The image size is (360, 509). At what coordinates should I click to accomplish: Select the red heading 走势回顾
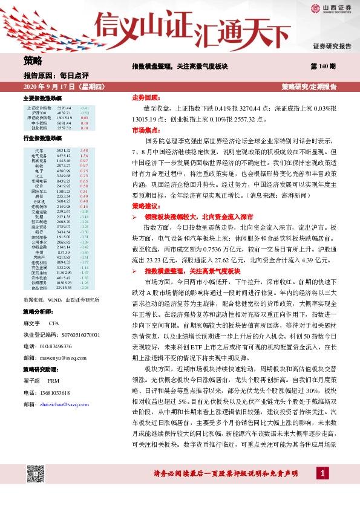pos(145,97)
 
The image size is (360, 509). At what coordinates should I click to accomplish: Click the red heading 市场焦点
pos(145,130)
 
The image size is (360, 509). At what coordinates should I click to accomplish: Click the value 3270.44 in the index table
pos(64,108)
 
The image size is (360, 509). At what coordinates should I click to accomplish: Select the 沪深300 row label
pos(39,112)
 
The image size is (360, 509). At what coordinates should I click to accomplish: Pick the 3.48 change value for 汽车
pos(84,150)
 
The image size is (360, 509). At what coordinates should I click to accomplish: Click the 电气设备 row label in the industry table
pos(39,155)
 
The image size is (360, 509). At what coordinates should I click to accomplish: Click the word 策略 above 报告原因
pos(33,60)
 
